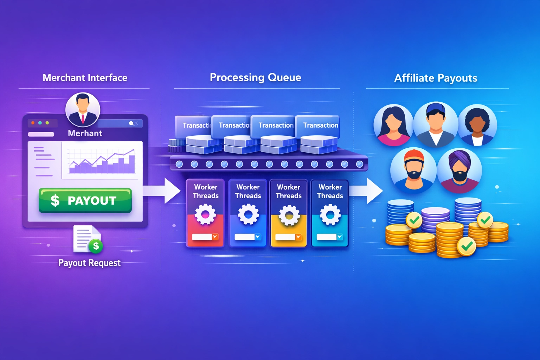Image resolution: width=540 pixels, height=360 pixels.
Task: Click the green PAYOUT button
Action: click(x=85, y=200)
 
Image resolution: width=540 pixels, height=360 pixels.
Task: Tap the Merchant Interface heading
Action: click(x=85, y=78)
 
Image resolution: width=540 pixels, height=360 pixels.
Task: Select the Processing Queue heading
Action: click(x=255, y=77)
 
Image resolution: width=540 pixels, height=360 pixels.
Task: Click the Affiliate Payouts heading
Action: click(x=436, y=78)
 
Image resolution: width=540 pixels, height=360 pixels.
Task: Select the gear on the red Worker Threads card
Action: click(x=205, y=214)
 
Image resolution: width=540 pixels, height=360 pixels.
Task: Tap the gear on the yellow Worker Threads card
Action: click(x=289, y=214)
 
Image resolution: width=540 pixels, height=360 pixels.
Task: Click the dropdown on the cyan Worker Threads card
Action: click(x=340, y=237)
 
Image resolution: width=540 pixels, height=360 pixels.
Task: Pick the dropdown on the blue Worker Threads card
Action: click(x=258, y=237)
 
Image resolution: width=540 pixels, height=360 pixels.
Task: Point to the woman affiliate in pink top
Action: click(x=393, y=125)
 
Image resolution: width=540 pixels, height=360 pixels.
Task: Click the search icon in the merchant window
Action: click(x=131, y=123)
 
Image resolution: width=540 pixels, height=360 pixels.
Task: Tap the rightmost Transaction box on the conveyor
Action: click(x=318, y=126)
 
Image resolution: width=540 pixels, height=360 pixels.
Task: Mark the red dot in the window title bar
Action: click(x=33, y=123)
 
